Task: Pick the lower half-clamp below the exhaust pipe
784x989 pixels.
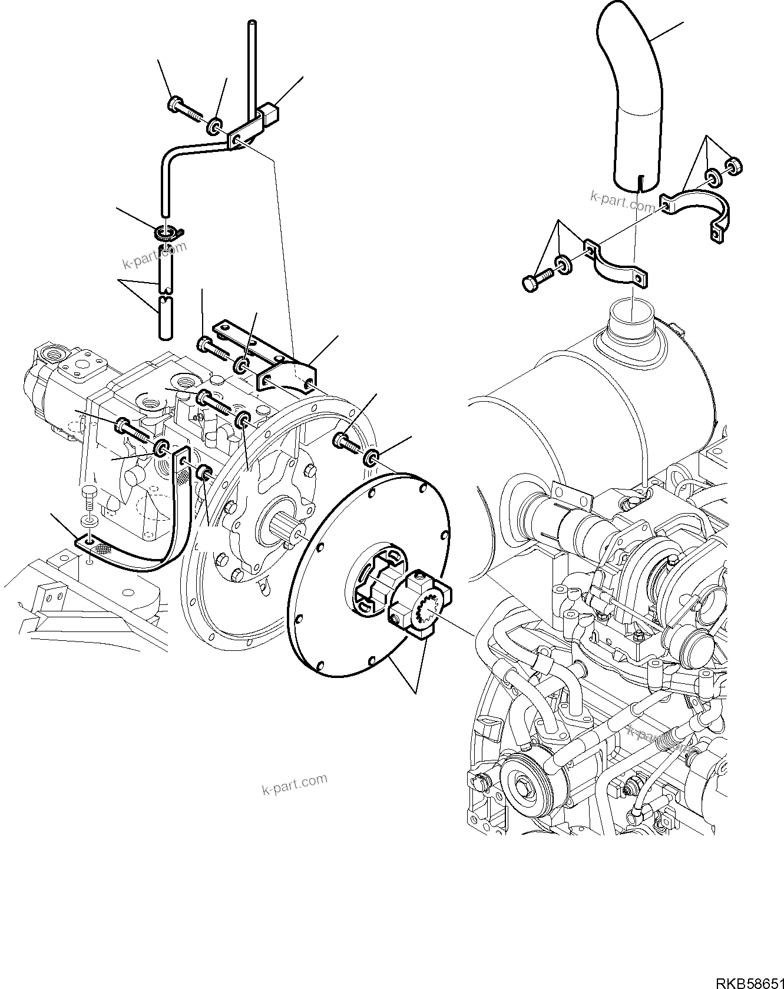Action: coord(616,265)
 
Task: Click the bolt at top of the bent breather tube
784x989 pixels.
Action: coord(183,108)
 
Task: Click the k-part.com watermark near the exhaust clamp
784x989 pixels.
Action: coord(623,202)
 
